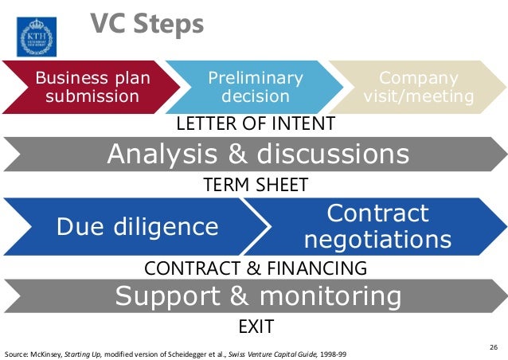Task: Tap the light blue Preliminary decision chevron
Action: [255, 88]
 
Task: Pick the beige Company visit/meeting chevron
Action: [418, 88]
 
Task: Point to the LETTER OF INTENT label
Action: [255, 124]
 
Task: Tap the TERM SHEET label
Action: [256, 185]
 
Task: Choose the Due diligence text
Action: [137, 227]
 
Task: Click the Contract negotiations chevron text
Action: [378, 226]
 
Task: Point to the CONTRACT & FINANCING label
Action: [256, 267]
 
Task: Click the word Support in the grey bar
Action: [166, 296]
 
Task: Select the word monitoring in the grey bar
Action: [329, 296]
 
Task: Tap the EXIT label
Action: [256, 327]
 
